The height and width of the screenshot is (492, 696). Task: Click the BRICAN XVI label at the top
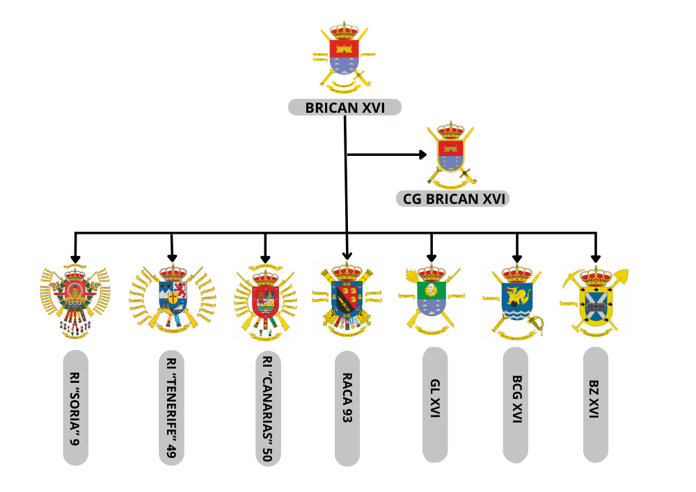(345, 108)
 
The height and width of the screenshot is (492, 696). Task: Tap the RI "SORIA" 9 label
(76, 408)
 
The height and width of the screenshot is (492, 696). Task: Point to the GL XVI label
(435, 404)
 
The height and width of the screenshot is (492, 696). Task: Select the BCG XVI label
(516, 405)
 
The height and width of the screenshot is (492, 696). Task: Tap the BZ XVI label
(595, 404)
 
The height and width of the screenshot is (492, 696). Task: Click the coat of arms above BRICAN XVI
(345, 58)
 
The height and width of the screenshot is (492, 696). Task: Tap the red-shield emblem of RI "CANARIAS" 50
(265, 299)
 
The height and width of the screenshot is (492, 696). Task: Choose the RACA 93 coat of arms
(347, 299)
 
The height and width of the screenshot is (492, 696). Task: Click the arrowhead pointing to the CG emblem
(422, 154)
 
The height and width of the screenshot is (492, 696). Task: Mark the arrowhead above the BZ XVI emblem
(595, 257)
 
